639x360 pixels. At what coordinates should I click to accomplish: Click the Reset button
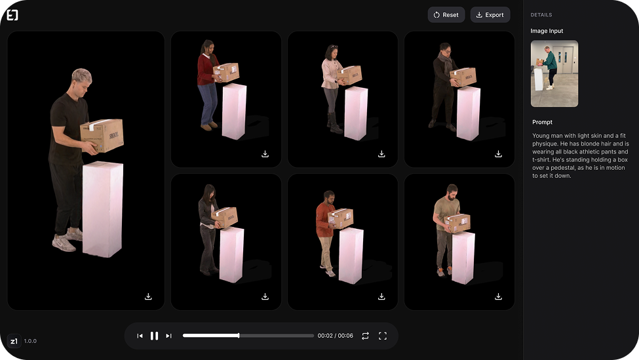click(x=446, y=15)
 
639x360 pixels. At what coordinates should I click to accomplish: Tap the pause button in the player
click(x=154, y=336)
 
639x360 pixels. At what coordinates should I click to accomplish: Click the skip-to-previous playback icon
click(x=140, y=336)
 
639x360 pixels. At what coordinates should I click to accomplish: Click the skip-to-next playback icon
click(x=168, y=336)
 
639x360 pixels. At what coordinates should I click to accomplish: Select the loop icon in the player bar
click(x=365, y=336)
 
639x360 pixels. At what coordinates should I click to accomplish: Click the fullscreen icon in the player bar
click(x=383, y=336)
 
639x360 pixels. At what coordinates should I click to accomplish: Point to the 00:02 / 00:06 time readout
click(x=335, y=336)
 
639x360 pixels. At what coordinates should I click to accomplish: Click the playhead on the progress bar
click(x=239, y=336)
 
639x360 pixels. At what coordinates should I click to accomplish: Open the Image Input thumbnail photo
click(x=554, y=73)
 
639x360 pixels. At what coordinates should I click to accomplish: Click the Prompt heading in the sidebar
click(x=542, y=122)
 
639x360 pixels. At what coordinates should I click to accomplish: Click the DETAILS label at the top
click(x=541, y=15)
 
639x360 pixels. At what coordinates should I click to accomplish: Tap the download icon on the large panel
click(x=148, y=296)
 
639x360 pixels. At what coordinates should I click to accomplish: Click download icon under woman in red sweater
click(x=265, y=154)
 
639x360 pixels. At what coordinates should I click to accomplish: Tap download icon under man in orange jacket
click(x=381, y=296)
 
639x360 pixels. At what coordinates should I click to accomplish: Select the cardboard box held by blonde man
click(x=102, y=135)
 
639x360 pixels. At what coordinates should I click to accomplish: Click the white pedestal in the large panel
click(x=102, y=209)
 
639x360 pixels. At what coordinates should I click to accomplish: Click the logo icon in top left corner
click(x=12, y=15)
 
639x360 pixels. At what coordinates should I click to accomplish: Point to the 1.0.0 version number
click(x=30, y=341)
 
